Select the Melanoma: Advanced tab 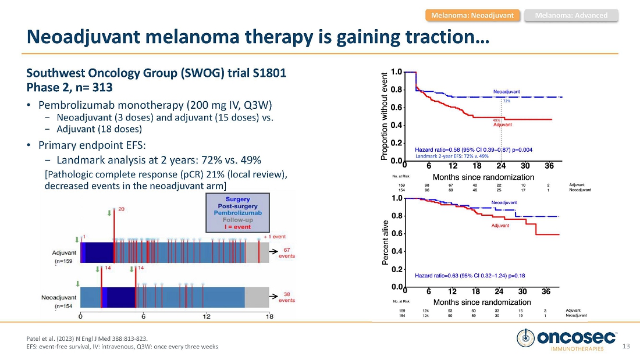tap(571, 15)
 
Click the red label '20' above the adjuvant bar tap(121, 209)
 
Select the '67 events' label tap(287, 253)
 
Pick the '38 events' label tap(287, 297)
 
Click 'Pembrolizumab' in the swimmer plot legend tap(238, 213)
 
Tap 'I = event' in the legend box tap(238, 227)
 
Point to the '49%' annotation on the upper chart tap(496, 120)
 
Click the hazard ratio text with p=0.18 tap(470, 275)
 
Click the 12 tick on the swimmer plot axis tap(207, 316)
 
